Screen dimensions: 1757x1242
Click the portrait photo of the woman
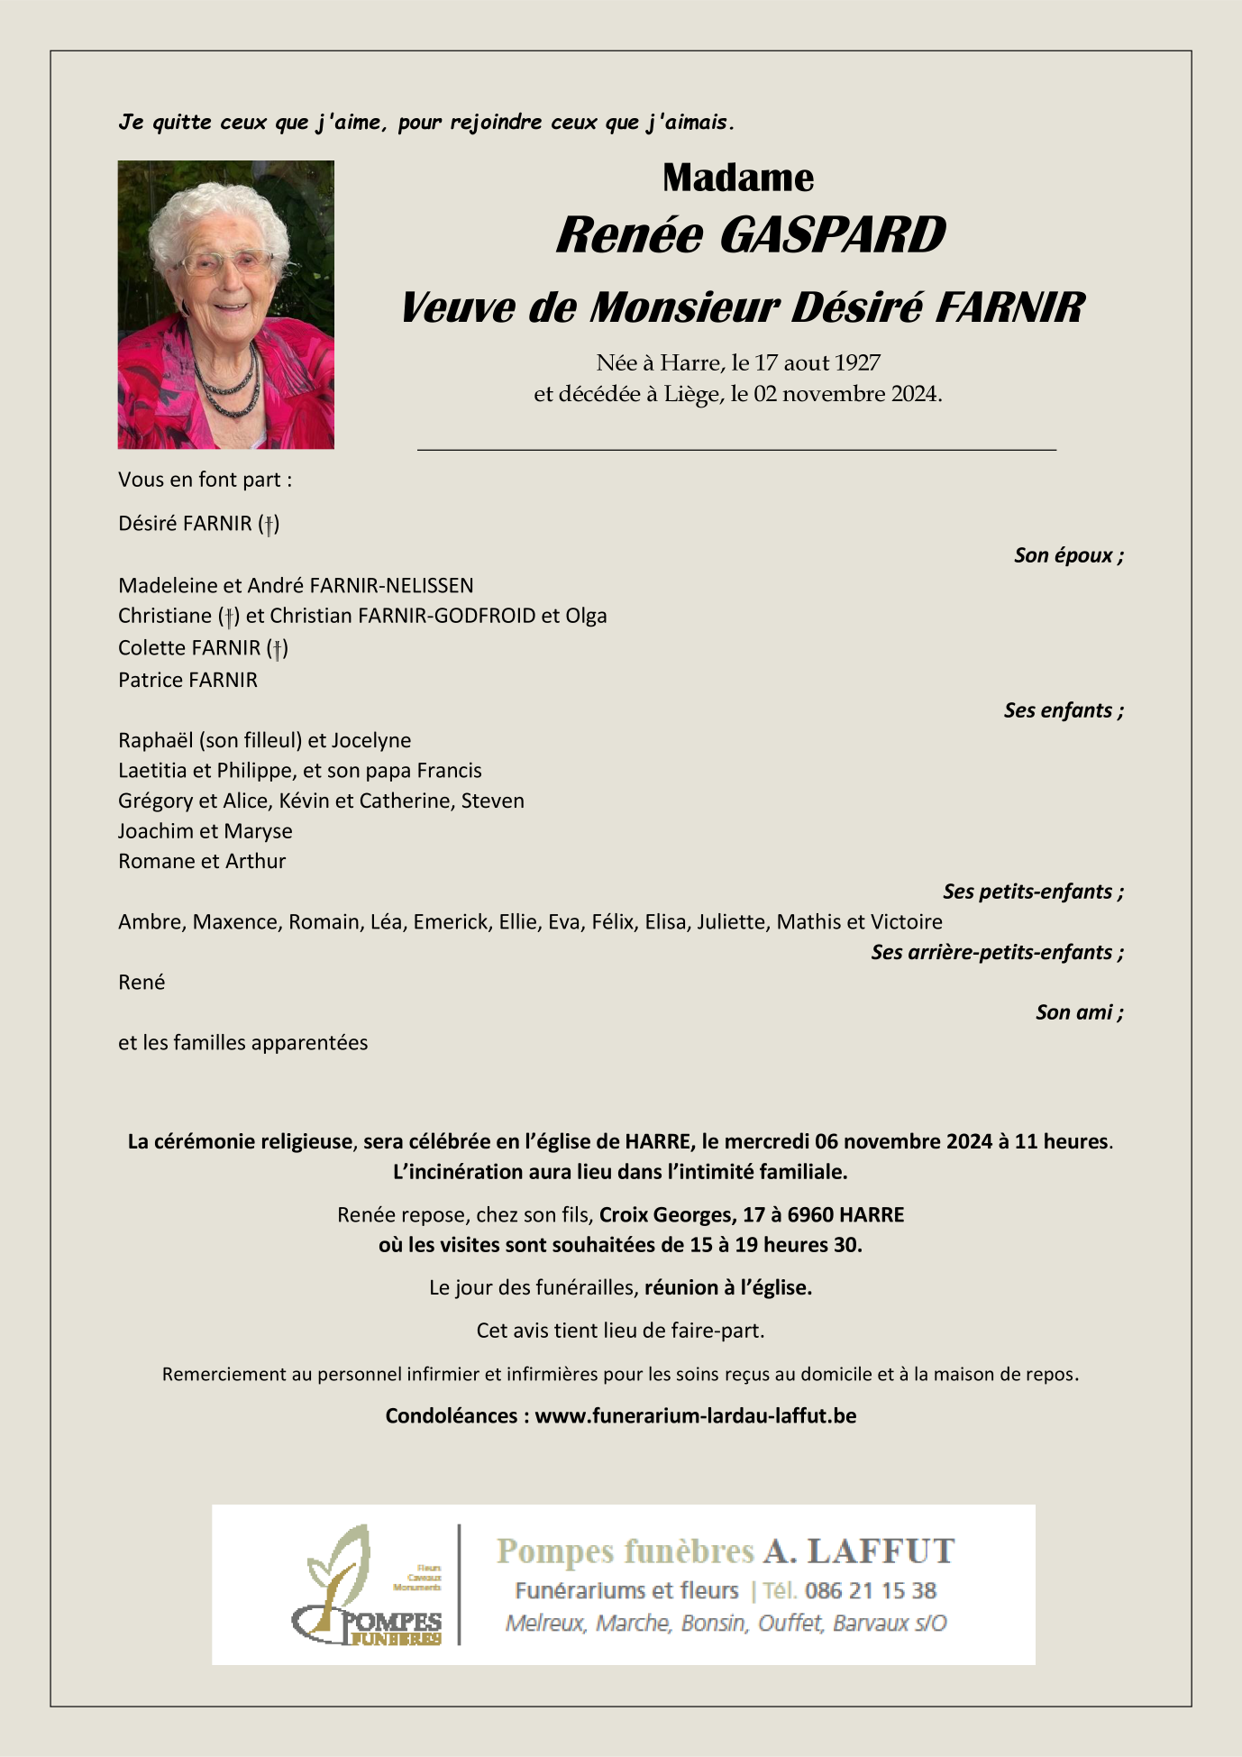[225, 305]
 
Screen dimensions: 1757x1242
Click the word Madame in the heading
[738, 178]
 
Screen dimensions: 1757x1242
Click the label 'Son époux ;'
[1068, 555]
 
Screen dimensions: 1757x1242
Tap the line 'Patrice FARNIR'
[187, 680]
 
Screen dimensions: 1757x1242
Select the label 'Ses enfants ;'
[1064, 710]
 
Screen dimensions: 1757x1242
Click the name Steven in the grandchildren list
[492, 801]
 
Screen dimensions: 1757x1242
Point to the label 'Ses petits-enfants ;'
[1033, 892]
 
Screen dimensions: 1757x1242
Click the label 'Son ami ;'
[1079, 1012]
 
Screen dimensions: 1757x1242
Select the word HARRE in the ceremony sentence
[658, 1141]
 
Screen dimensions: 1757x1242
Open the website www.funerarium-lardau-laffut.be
[695, 1415]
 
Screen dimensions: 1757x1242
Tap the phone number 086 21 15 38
[870, 1590]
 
